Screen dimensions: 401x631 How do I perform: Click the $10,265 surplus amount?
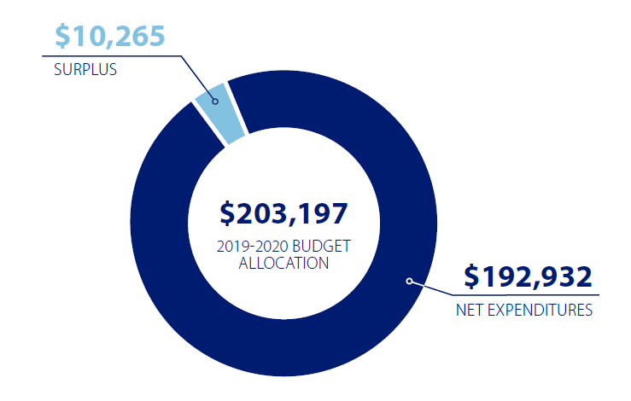click(x=109, y=35)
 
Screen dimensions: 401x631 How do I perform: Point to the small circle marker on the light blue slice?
click(x=215, y=101)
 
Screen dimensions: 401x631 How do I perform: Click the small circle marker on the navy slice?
click(x=409, y=281)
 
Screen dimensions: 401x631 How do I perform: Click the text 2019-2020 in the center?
click(x=247, y=247)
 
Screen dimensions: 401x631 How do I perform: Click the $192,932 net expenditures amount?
click(x=528, y=276)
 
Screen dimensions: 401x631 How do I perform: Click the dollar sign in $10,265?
click(x=63, y=35)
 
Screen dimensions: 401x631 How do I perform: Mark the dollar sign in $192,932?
click(x=471, y=276)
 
